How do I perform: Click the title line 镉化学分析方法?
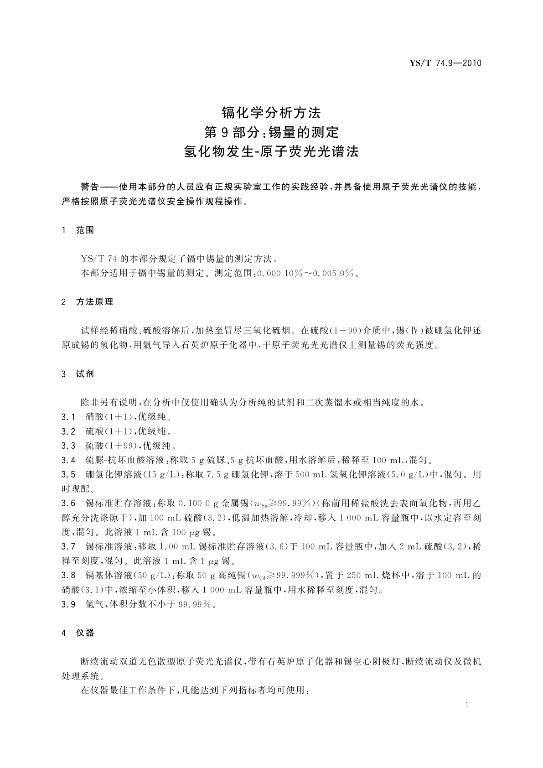(x=271, y=112)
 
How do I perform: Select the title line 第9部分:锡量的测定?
(x=271, y=132)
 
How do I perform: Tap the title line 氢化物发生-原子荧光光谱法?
(x=271, y=152)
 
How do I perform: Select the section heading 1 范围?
(x=78, y=230)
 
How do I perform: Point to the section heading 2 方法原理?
(x=87, y=302)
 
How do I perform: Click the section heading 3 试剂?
(x=78, y=374)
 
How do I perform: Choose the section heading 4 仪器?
(x=78, y=633)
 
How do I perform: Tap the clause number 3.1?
(x=68, y=417)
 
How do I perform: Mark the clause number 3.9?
(x=68, y=604)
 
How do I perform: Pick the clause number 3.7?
(x=68, y=546)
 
